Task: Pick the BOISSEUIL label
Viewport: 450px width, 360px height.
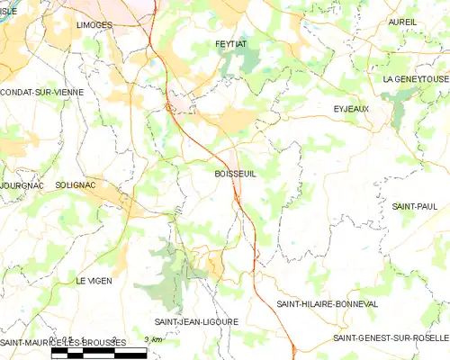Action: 236,174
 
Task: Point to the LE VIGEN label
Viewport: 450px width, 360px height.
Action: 94,281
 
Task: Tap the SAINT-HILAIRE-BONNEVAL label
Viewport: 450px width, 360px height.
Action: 327,304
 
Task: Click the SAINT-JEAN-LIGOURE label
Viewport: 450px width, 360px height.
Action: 196,321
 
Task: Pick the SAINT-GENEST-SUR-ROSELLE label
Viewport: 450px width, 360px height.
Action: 391,337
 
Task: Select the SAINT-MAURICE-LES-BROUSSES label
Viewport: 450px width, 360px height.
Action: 61,343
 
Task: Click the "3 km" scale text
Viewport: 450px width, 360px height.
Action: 152,339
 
